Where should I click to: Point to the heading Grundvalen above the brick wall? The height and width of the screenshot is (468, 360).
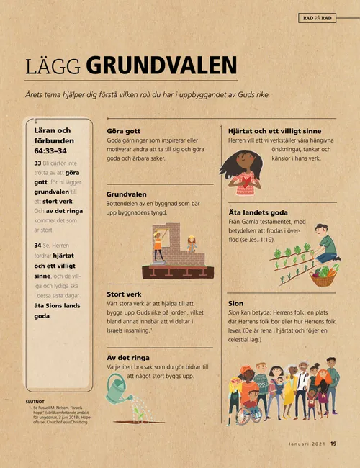click(127, 194)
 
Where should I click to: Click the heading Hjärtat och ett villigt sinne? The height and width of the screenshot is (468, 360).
click(274, 130)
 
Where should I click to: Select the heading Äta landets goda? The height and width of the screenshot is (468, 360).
click(258, 213)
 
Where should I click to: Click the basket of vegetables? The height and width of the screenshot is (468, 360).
click(323, 275)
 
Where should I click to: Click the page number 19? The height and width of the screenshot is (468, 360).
click(334, 444)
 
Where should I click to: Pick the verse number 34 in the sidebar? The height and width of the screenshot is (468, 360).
click(37, 246)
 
